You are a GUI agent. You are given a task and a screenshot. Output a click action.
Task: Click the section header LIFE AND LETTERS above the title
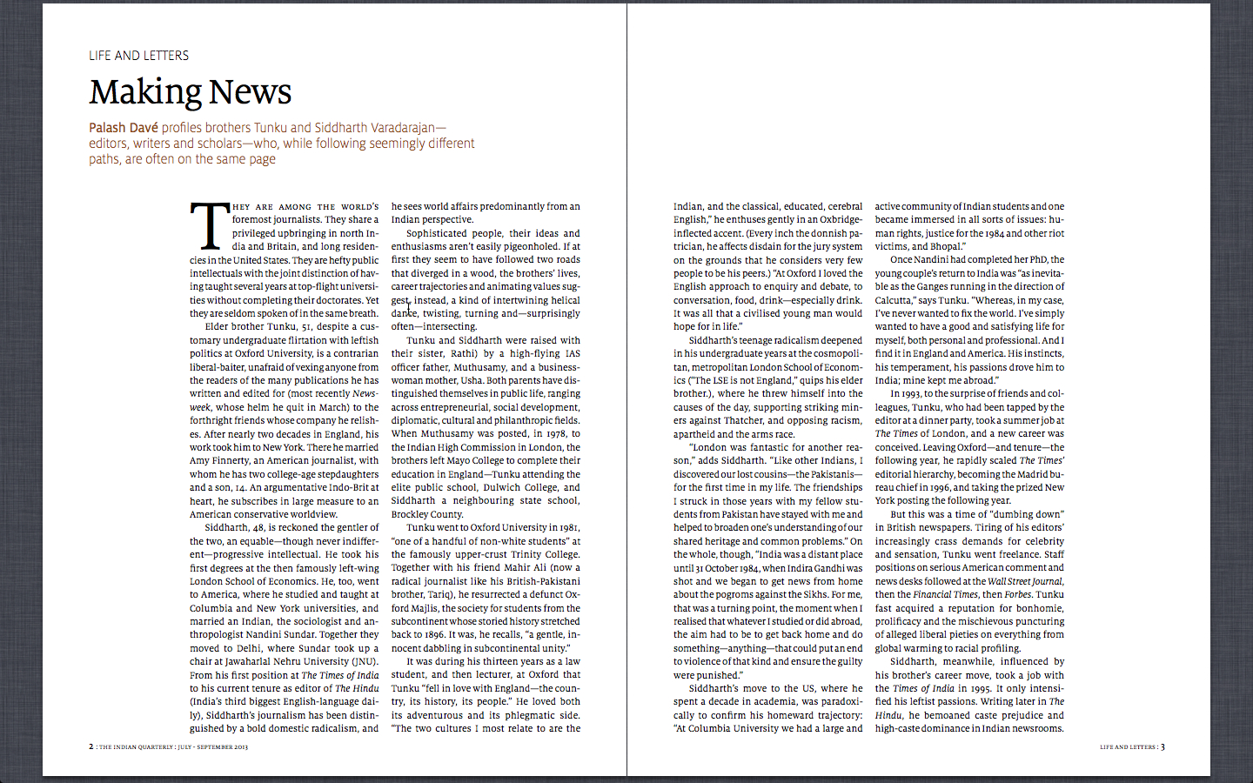(x=138, y=56)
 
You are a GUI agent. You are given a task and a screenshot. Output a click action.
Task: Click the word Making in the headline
(x=145, y=92)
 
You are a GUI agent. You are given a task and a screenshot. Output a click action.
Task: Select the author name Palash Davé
(x=123, y=128)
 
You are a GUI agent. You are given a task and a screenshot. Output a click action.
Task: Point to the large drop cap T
(x=209, y=226)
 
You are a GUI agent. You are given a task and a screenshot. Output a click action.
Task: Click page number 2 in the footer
(x=90, y=746)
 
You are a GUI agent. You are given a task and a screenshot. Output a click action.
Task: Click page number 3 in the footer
(x=1163, y=746)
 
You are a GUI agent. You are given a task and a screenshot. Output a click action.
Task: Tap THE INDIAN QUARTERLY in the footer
(x=136, y=747)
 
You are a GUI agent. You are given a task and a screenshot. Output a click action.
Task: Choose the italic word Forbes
(x=1017, y=595)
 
